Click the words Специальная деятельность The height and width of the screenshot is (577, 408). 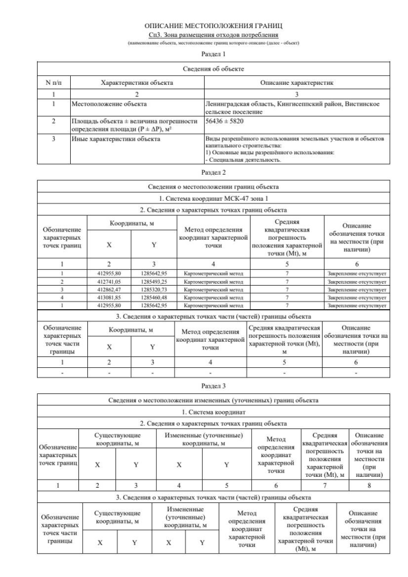click(239, 159)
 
